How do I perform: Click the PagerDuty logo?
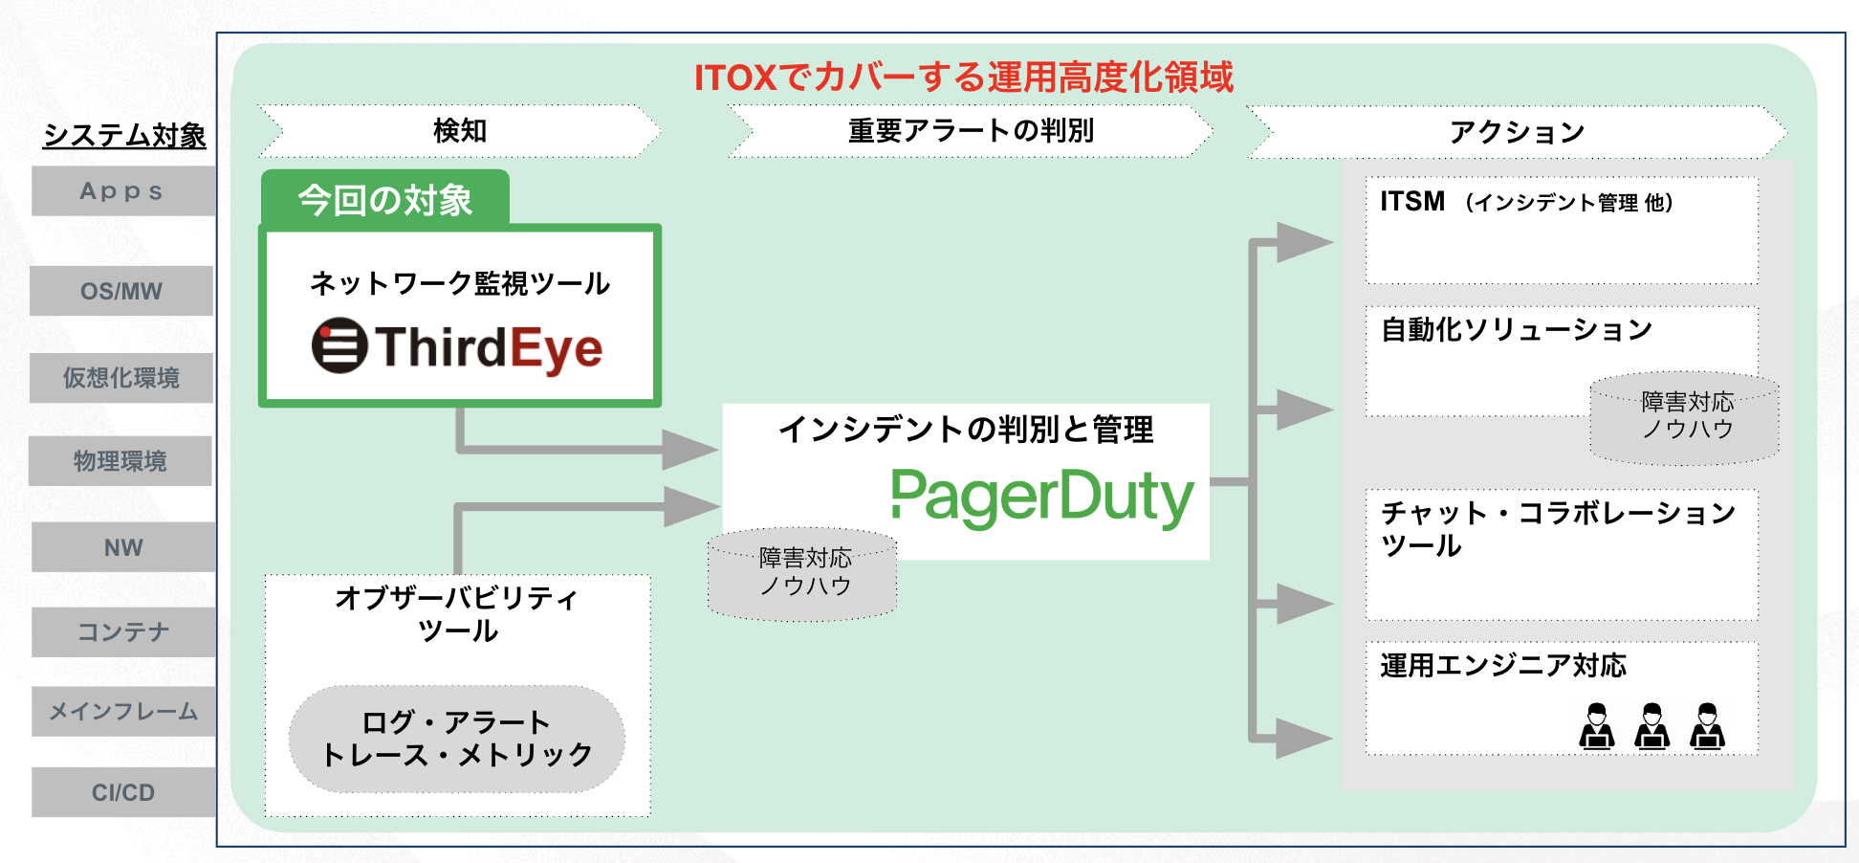(x=1041, y=497)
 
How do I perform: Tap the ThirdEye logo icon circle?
(x=339, y=345)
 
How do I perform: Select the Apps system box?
(x=122, y=191)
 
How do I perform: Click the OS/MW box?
(x=121, y=291)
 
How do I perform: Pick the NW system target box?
(x=123, y=547)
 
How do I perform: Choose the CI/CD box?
(x=123, y=792)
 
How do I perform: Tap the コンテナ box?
(x=123, y=631)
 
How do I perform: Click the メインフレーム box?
(x=123, y=711)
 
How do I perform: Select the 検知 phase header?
(x=459, y=131)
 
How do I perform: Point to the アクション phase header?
(x=1517, y=132)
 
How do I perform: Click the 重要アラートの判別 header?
(x=970, y=131)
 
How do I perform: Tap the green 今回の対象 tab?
(x=385, y=200)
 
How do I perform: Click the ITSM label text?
(x=1412, y=202)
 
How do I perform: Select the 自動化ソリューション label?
(x=1517, y=330)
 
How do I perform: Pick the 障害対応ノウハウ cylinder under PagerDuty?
(x=803, y=574)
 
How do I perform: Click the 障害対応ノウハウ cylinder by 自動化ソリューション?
(x=1686, y=418)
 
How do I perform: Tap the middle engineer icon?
(x=1651, y=726)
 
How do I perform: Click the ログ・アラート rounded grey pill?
(x=457, y=739)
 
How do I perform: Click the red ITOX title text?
(x=963, y=77)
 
